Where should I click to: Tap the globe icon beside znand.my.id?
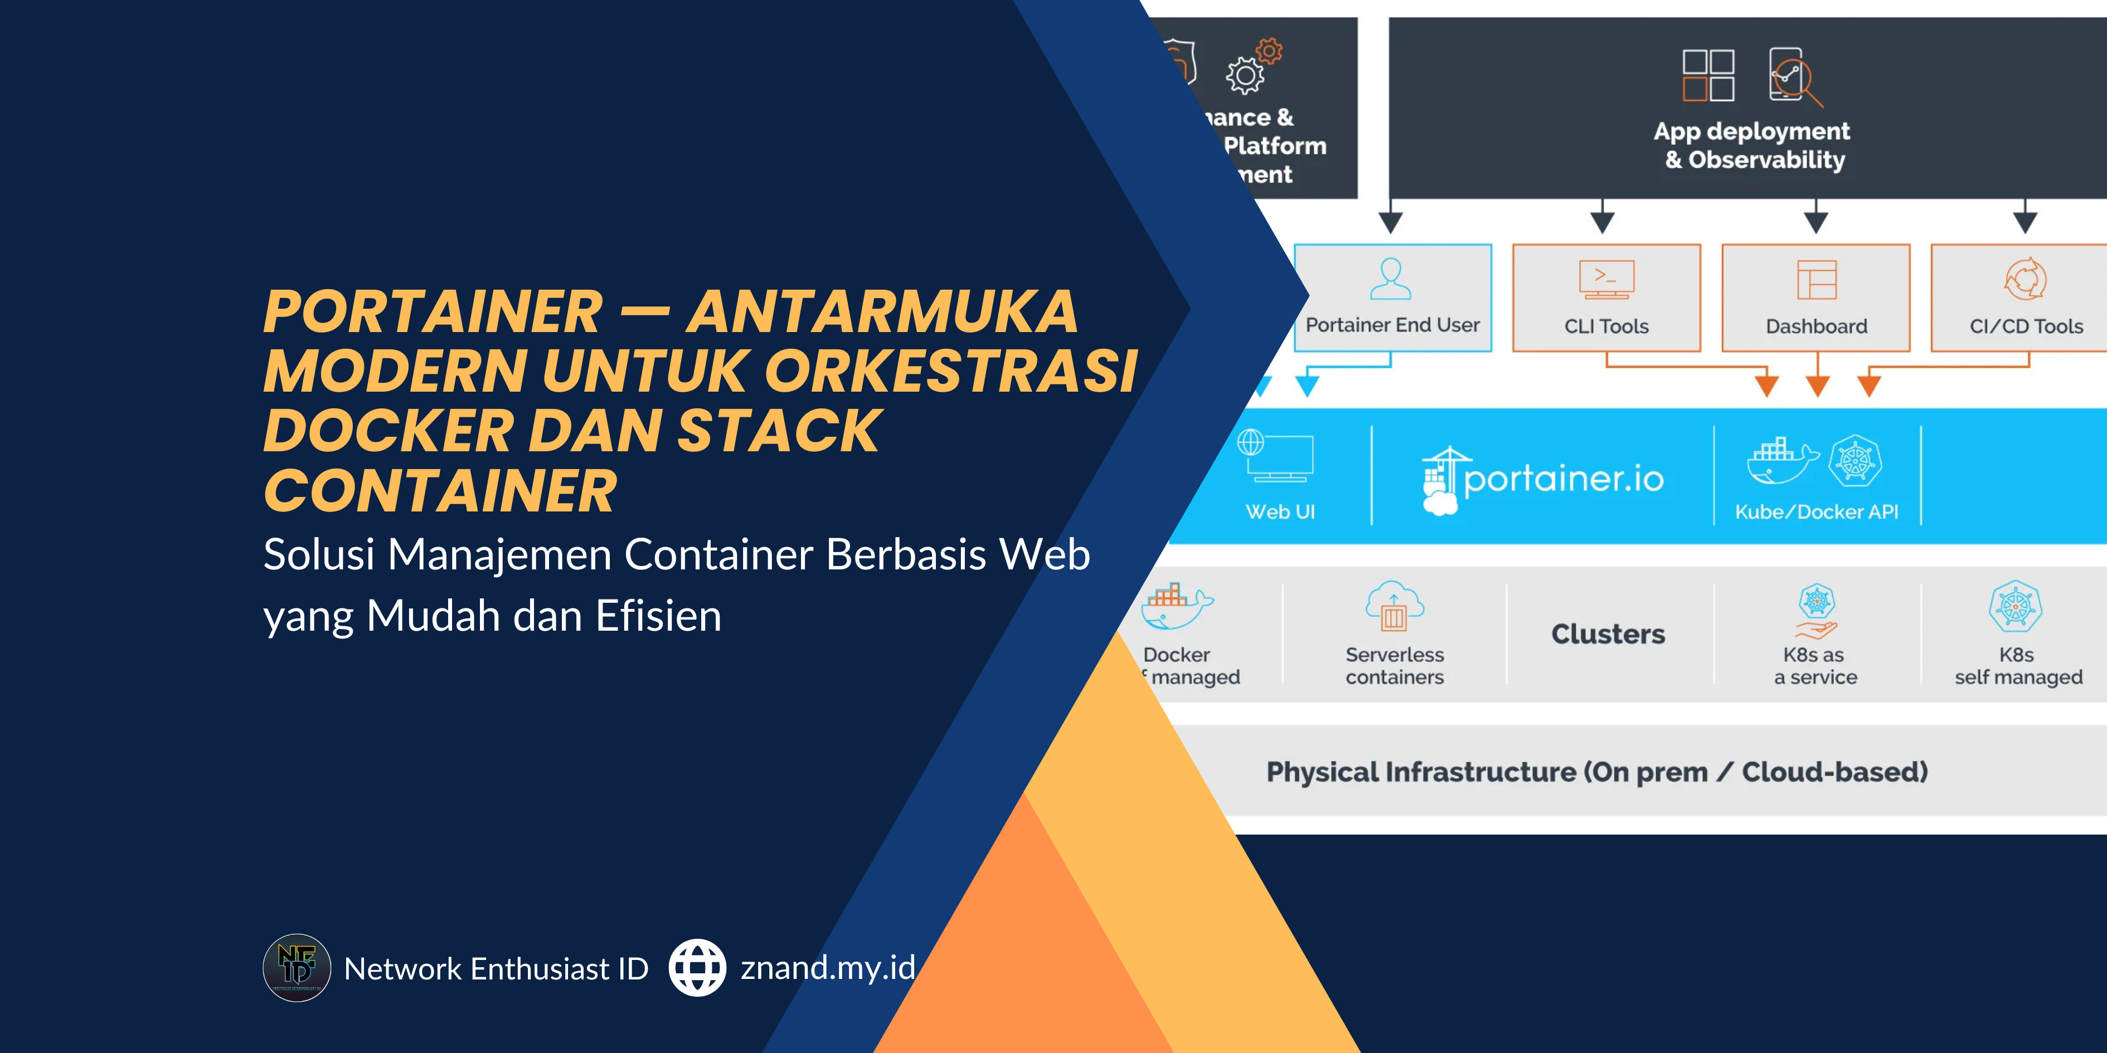[x=697, y=968]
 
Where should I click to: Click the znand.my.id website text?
[x=828, y=968]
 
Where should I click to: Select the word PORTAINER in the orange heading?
[x=433, y=313]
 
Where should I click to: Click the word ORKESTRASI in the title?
[x=950, y=372]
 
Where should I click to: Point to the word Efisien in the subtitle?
[x=658, y=616]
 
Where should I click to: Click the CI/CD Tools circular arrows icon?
[x=2025, y=280]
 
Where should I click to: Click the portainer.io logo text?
[x=1563, y=479]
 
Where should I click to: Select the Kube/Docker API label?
[x=1817, y=512]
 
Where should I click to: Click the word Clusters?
[x=1608, y=635]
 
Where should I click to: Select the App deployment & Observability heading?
[x=1752, y=145]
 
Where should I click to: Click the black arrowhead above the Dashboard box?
[x=1816, y=222]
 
